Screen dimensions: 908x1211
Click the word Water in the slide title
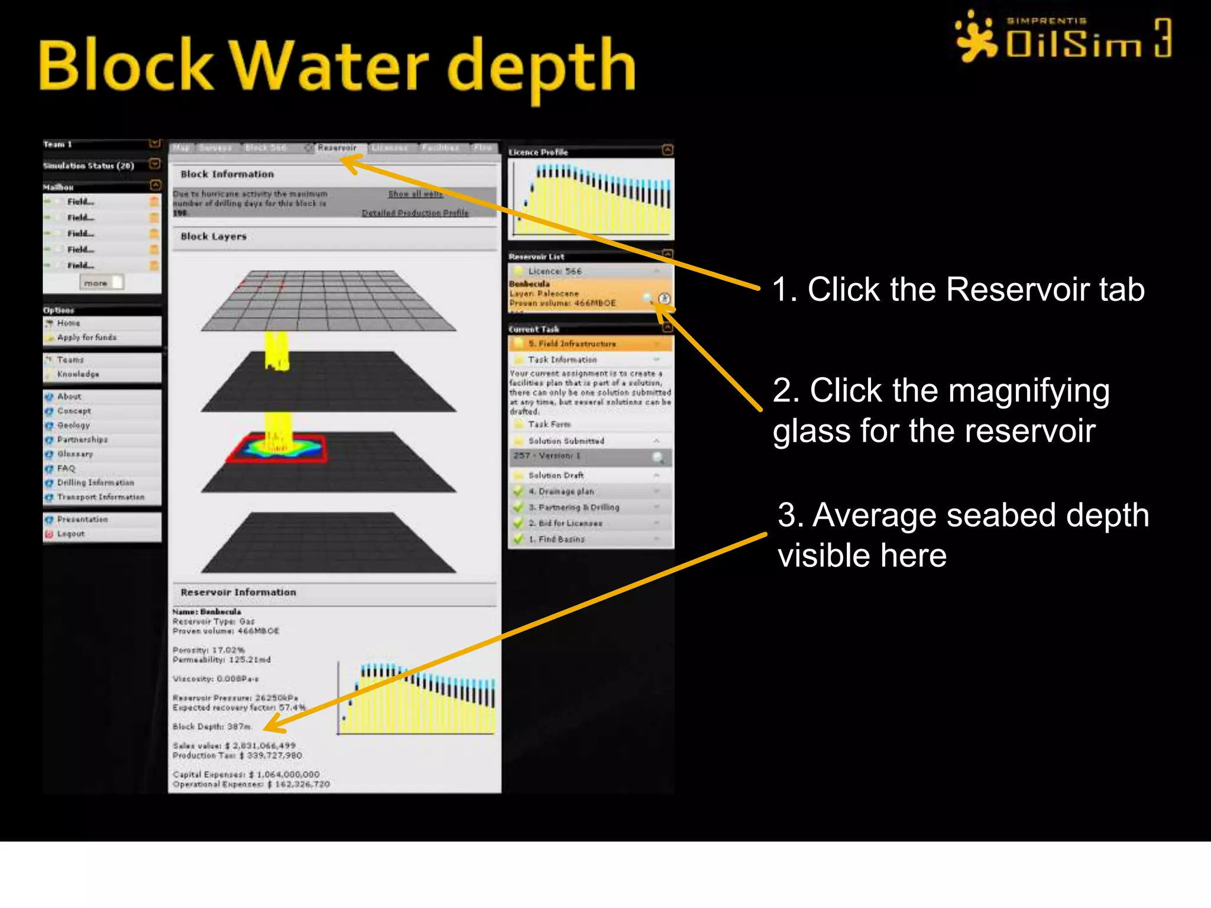328,65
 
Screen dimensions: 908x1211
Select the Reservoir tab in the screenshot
336,148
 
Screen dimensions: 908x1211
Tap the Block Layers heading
213,236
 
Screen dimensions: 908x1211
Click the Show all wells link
415,194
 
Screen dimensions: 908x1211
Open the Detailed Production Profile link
415,213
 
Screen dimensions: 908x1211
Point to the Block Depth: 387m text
212,727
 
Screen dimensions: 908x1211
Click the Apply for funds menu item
86,338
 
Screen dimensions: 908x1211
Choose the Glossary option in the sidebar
75,454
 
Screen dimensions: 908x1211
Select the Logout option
70,534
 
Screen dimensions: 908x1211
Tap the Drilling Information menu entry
95,483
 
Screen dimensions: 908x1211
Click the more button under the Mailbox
96,283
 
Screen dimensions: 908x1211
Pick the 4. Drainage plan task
561,491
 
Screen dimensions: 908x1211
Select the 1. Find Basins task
556,539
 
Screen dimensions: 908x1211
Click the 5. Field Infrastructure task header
572,343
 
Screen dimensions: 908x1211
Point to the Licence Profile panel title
538,153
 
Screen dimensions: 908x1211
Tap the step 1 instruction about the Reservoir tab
958,290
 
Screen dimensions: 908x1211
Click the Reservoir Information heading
238,592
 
